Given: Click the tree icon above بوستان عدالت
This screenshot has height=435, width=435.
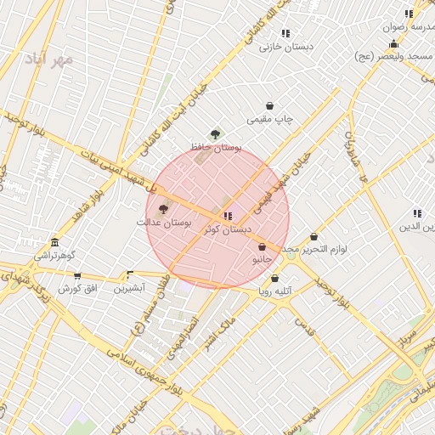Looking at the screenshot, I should coord(164,209).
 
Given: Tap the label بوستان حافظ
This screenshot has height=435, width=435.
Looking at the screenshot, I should coord(215,147).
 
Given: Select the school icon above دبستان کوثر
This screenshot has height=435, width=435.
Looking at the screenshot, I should coord(227,217).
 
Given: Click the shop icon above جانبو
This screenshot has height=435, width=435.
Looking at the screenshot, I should coord(262,247).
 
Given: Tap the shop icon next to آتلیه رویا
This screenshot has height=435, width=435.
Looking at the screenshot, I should coord(274,279).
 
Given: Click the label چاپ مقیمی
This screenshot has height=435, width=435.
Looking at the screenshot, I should coord(270,120).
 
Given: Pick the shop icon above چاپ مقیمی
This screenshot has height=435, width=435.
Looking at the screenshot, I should coord(270,106).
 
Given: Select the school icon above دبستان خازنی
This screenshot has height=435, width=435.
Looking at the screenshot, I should coord(285,33).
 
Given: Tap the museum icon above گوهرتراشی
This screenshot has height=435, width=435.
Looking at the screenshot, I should coord(54,243).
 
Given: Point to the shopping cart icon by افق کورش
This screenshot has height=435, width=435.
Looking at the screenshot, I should coord(77,276).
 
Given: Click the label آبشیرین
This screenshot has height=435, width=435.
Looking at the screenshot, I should coord(130,288).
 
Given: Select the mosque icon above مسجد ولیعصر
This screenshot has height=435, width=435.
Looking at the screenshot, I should coord(393,44).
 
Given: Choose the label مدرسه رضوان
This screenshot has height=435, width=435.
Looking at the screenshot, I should coord(411,27).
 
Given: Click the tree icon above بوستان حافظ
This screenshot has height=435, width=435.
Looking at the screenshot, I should coord(215,134).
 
